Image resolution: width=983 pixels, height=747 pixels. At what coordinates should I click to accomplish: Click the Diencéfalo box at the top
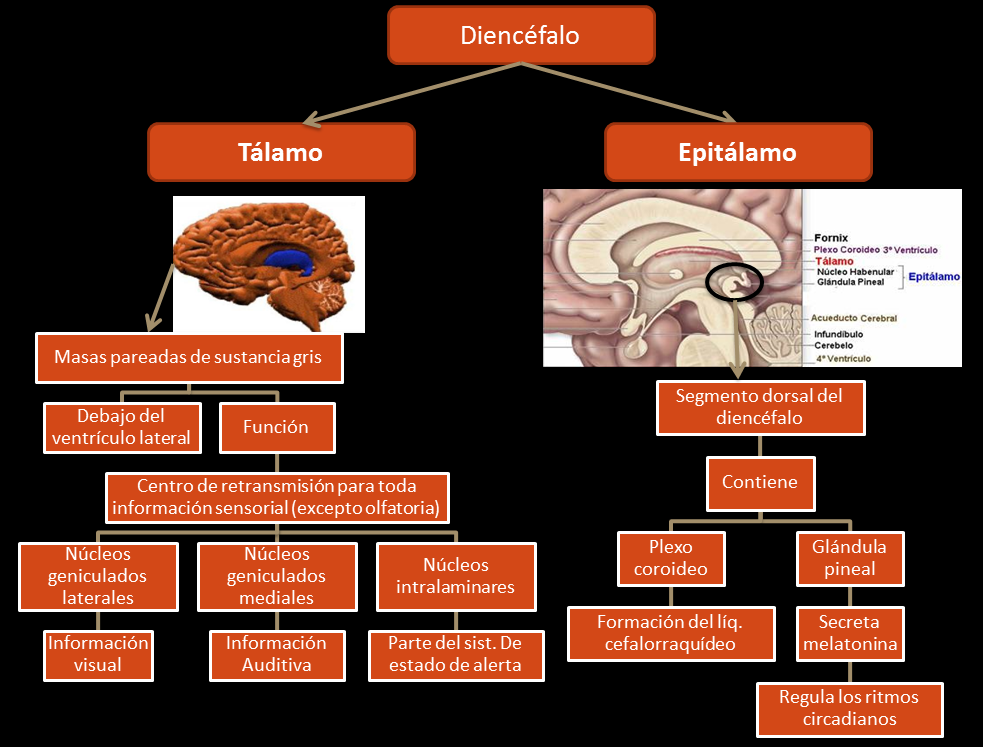520,35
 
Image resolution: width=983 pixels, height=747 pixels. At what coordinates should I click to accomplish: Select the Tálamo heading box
281,152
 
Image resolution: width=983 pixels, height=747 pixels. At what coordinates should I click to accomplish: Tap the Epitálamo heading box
738,152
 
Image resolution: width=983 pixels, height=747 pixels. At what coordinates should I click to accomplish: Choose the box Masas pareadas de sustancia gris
189,357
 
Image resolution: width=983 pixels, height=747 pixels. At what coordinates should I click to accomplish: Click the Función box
276,427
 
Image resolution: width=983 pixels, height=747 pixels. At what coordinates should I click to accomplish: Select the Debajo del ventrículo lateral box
121,427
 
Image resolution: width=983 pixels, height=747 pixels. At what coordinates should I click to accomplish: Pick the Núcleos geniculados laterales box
97,576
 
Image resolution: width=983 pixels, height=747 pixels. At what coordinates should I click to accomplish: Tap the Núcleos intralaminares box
456,576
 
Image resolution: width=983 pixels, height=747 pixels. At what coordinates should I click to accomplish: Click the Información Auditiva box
276,654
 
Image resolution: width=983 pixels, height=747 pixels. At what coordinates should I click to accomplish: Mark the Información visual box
99,654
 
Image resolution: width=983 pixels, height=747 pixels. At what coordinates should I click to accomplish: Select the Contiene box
761,482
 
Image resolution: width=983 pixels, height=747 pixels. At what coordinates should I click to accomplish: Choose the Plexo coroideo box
671,558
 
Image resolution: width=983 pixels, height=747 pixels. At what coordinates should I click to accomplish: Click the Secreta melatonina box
849,633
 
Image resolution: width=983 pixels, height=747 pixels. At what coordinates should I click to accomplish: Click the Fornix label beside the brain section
831,238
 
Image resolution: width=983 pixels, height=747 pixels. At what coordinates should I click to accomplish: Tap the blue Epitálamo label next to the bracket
933,276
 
